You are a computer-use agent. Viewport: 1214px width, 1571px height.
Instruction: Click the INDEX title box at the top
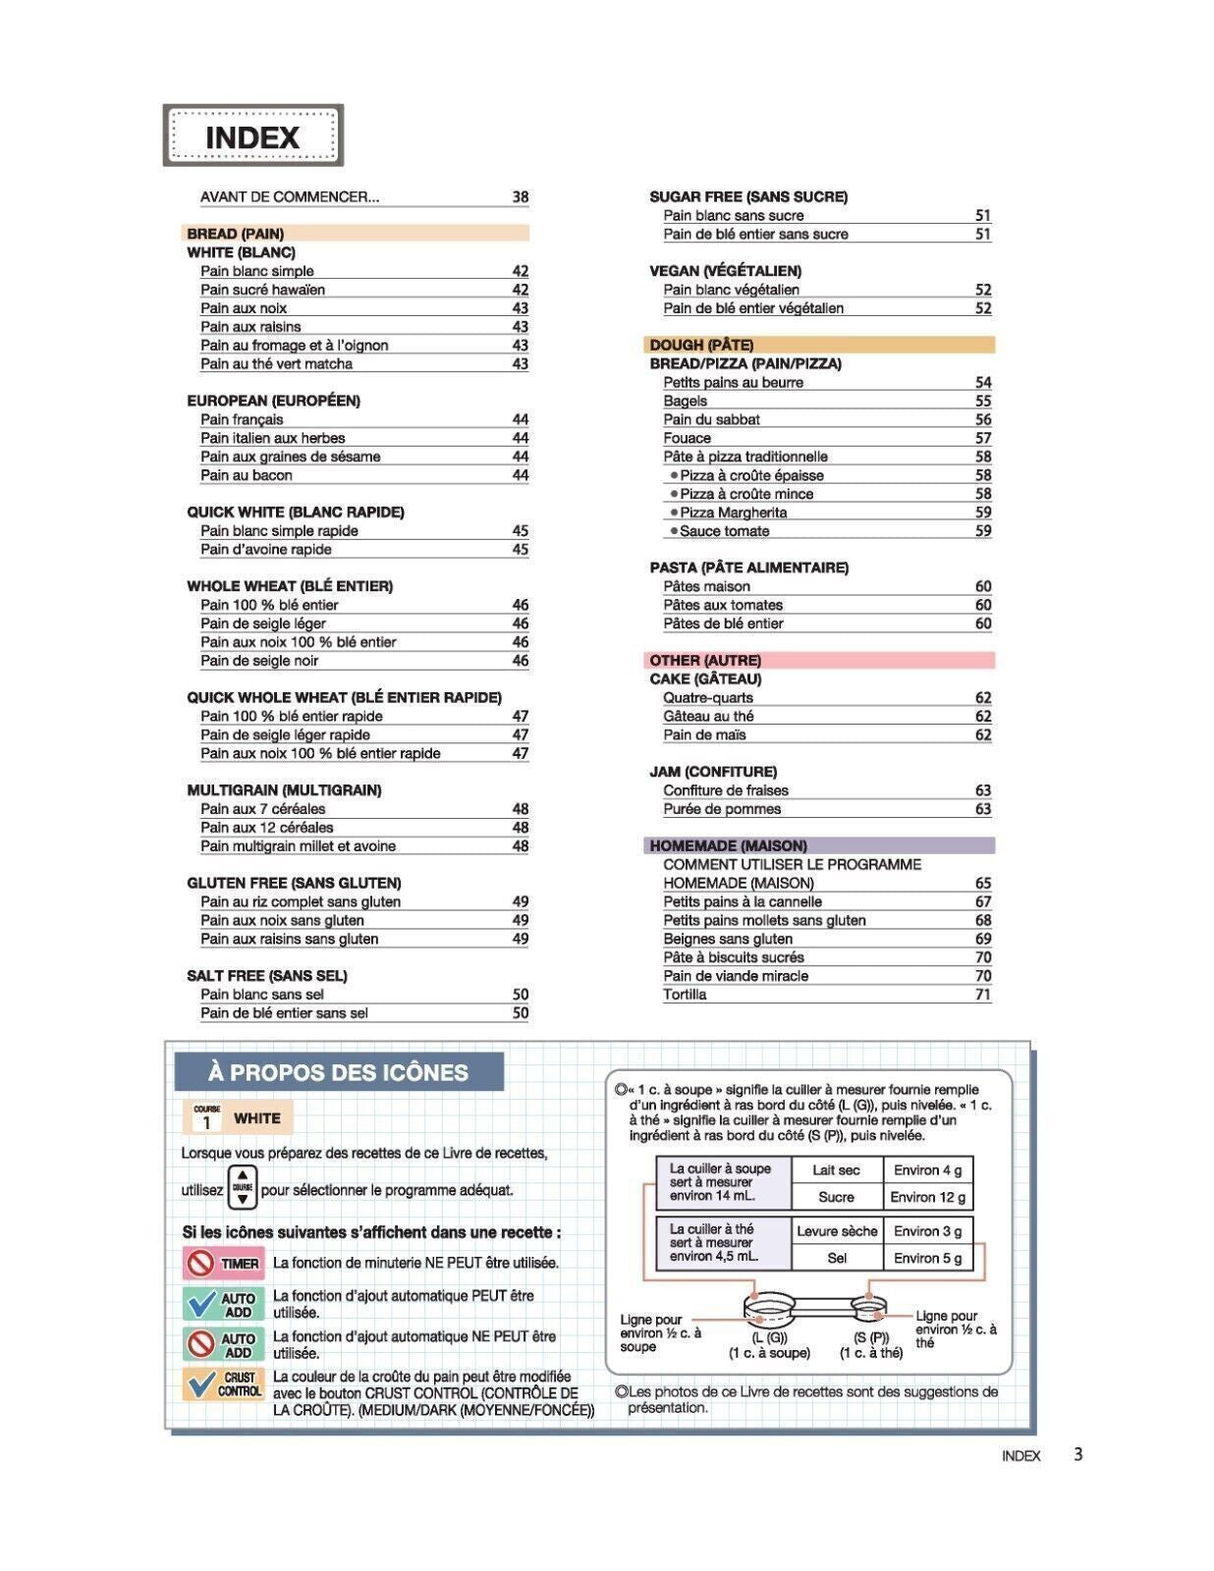pyautogui.click(x=252, y=135)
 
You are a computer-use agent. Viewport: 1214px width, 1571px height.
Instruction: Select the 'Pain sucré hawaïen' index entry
pyautogui.click(x=262, y=290)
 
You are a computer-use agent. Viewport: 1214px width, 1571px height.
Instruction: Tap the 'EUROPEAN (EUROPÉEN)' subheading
pyautogui.click(x=273, y=401)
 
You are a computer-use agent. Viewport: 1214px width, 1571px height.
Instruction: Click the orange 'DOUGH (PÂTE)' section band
pyautogui.click(x=820, y=345)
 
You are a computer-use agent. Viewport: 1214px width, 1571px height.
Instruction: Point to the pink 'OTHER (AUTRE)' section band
pyautogui.click(x=820, y=660)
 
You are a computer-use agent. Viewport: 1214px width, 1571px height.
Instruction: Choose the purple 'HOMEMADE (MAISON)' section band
pyautogui.click(x=820, y=845)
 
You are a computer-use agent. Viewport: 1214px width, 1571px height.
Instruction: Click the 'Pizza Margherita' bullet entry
pyautogui.click(x=733, y=513)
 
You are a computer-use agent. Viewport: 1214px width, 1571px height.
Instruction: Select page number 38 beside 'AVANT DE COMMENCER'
pyautogui.click(x=520, y=196)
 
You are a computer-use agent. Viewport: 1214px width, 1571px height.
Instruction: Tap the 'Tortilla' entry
pyautogui.click(x=685, y=995)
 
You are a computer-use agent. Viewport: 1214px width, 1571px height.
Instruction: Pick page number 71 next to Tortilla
pyautogui.click(x=982, y=995)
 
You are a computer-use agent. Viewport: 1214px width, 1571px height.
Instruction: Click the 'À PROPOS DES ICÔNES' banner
pyautogui.click(x=339, y=1072)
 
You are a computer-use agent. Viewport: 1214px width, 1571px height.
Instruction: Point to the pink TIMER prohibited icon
pyautogui.click(x=223, y=1263)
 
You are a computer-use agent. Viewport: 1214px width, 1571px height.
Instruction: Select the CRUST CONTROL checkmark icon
pyautogui.click(x=223, y=1383)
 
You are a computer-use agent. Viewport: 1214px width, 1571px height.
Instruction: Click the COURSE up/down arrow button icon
pyautogui.click(x=243, y=1188)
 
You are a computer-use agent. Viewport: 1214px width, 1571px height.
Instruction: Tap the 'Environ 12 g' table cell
pyautogui.click(x=927, y=1197)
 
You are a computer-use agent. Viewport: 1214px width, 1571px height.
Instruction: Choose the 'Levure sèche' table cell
pyautogui.click(x=837, y=1231)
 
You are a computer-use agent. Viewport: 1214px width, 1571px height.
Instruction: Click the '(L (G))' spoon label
pyautogui.click(x=769, y=1337)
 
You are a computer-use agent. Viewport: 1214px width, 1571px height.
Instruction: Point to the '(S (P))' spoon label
pyautogui.click(x=870, y=1337)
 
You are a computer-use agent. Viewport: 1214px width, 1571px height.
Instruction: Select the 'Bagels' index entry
pyautogui.click(x=685, y=401)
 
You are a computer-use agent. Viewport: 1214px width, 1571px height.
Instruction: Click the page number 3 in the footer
pyautogui.click(x=1077, y=1454)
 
